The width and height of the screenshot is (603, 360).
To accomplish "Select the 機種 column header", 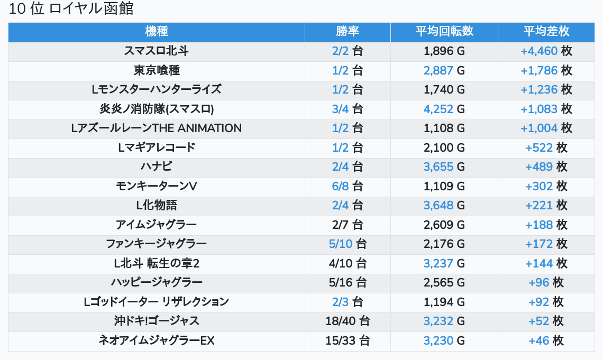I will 156,31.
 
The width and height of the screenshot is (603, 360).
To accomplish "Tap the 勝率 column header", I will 348,31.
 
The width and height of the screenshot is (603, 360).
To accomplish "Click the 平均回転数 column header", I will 444,31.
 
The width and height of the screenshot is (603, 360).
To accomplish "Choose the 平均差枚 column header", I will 546,31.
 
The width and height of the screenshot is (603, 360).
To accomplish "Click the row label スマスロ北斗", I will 156,51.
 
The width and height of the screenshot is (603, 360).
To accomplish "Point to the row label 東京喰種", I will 156,70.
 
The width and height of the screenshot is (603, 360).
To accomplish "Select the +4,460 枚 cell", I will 546,51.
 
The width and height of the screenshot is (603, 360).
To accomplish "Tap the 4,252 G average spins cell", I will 444,109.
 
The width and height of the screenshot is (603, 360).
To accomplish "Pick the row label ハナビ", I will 156,167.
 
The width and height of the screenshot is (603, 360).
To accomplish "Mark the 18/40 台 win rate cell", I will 348,321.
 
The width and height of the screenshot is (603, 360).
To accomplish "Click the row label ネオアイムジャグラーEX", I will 156,340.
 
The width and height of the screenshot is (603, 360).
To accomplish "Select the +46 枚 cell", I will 546,340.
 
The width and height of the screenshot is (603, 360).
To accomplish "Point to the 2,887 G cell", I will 444,70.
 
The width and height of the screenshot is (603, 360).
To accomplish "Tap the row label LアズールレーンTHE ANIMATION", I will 156,128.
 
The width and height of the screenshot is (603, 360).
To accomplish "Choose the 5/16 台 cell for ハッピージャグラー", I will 348,282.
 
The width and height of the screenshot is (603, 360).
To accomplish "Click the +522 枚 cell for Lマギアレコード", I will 546,147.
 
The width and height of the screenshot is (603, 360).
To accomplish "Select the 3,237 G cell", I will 444,263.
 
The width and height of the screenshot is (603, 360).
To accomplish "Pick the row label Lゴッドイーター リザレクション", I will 156,302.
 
